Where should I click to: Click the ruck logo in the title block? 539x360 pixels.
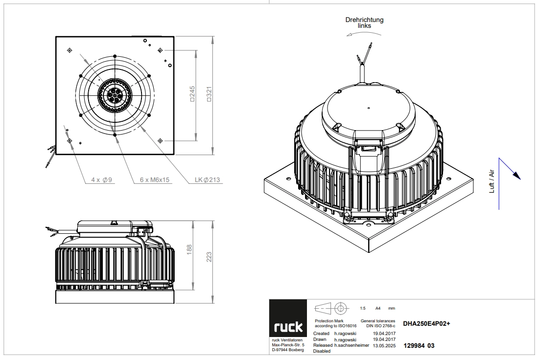(x=288, y=327)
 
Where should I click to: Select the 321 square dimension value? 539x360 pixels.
(x=209, y=94)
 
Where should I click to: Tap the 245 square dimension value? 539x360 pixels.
(x=192, y=94)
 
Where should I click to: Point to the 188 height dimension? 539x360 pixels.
(x=189, y=250)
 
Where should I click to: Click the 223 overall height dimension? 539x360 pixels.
(x=209, y=257)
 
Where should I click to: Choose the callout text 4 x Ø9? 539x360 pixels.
(x=101, y=180)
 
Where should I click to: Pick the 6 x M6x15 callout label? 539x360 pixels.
(x=155, y=180)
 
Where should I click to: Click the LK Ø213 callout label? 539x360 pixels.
(x=207, y=180)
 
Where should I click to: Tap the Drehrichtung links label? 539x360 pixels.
(x=364, y=22)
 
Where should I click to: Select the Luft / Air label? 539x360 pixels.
(x=492, y=181)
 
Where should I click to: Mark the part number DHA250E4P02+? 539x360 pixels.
(x=426, y=324)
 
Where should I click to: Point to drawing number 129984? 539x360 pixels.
(x=414, y=346)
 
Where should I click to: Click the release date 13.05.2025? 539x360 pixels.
(x=384, y=346)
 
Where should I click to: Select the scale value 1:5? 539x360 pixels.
(x=363, y=309)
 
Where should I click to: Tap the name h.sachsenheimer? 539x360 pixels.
(x=352, y=345)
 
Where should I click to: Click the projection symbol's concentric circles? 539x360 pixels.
(x=341, y=308)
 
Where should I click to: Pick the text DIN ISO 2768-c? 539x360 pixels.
(x=380, y=326)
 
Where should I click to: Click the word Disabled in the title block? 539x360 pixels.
(x=322, y=351)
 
